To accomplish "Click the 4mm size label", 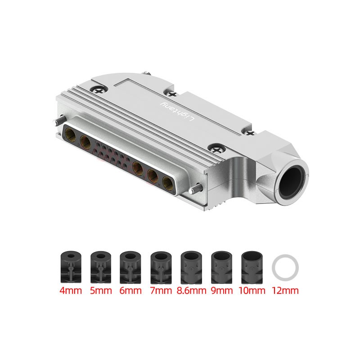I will (70, 290).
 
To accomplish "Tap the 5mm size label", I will (101, 290).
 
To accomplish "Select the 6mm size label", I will (130, 290).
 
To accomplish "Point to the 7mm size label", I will (161, 290).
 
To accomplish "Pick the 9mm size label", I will (222, 290).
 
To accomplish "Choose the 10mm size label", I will (253, 290).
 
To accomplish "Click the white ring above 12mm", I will (285, 267).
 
